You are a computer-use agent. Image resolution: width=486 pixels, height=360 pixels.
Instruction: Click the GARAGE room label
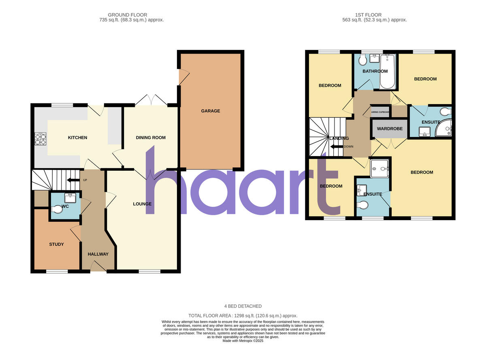point(211,111)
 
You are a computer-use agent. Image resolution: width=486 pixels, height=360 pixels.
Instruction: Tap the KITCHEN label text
point(77,138)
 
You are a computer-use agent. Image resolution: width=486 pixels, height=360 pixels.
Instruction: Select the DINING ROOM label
point(151,138)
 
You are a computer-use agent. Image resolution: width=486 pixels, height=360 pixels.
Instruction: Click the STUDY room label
point(57,244)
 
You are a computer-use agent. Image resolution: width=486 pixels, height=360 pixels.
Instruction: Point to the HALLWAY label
point(98,254)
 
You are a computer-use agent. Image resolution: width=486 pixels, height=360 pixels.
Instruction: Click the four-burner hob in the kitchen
point(40,139)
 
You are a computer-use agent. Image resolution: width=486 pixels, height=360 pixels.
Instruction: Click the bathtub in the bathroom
point(388,72)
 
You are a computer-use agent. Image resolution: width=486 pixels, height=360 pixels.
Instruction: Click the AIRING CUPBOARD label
point(381,112)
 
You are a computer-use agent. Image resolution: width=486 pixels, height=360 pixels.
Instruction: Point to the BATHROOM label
point(375,71)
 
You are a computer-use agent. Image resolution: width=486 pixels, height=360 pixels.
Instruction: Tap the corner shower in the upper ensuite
point(444,129)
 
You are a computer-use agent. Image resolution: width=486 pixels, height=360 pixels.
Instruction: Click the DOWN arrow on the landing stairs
point(335,147)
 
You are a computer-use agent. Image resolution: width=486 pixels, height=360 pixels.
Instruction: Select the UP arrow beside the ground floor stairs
point(73,180)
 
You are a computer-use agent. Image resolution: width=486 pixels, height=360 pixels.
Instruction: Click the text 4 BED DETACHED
point(243,306)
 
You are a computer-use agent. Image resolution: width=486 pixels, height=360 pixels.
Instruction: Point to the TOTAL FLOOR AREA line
point(243,315)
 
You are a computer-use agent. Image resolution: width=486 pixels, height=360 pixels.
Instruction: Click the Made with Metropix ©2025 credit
point(243,341)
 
